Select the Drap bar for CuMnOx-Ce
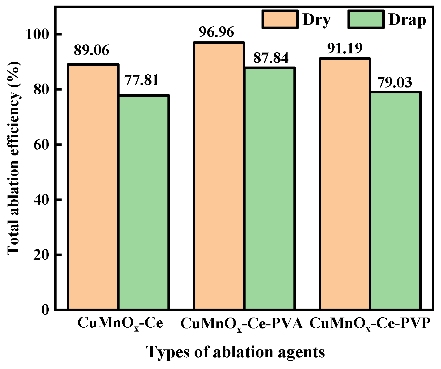tap(144, 202)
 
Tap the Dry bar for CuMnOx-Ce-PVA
tap(220, 176)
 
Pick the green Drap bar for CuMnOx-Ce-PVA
tap(270, 188)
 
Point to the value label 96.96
tap(216, 32)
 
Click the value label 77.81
tap(141, 80)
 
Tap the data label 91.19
tap(345, 48)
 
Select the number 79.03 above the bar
tap(395, 82)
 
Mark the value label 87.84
tap(271, 58)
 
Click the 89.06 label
tap(91, 51)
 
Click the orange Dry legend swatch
tap(280, 19)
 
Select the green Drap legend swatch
tap(366, 19)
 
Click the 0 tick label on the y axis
tap(45, 310)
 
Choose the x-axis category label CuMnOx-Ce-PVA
tap(241, 324)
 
